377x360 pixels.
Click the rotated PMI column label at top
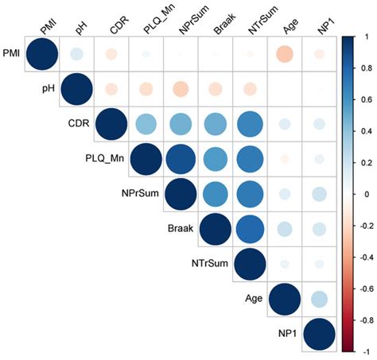[x=47, y=28]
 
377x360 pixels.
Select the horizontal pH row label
[x=54, y=89]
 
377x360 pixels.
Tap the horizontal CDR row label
[x=79, y=123]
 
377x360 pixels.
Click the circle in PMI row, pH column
[x=76, y=55]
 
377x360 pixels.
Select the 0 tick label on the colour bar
[x=365, y=193]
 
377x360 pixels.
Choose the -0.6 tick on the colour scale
[x=367, y=288]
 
